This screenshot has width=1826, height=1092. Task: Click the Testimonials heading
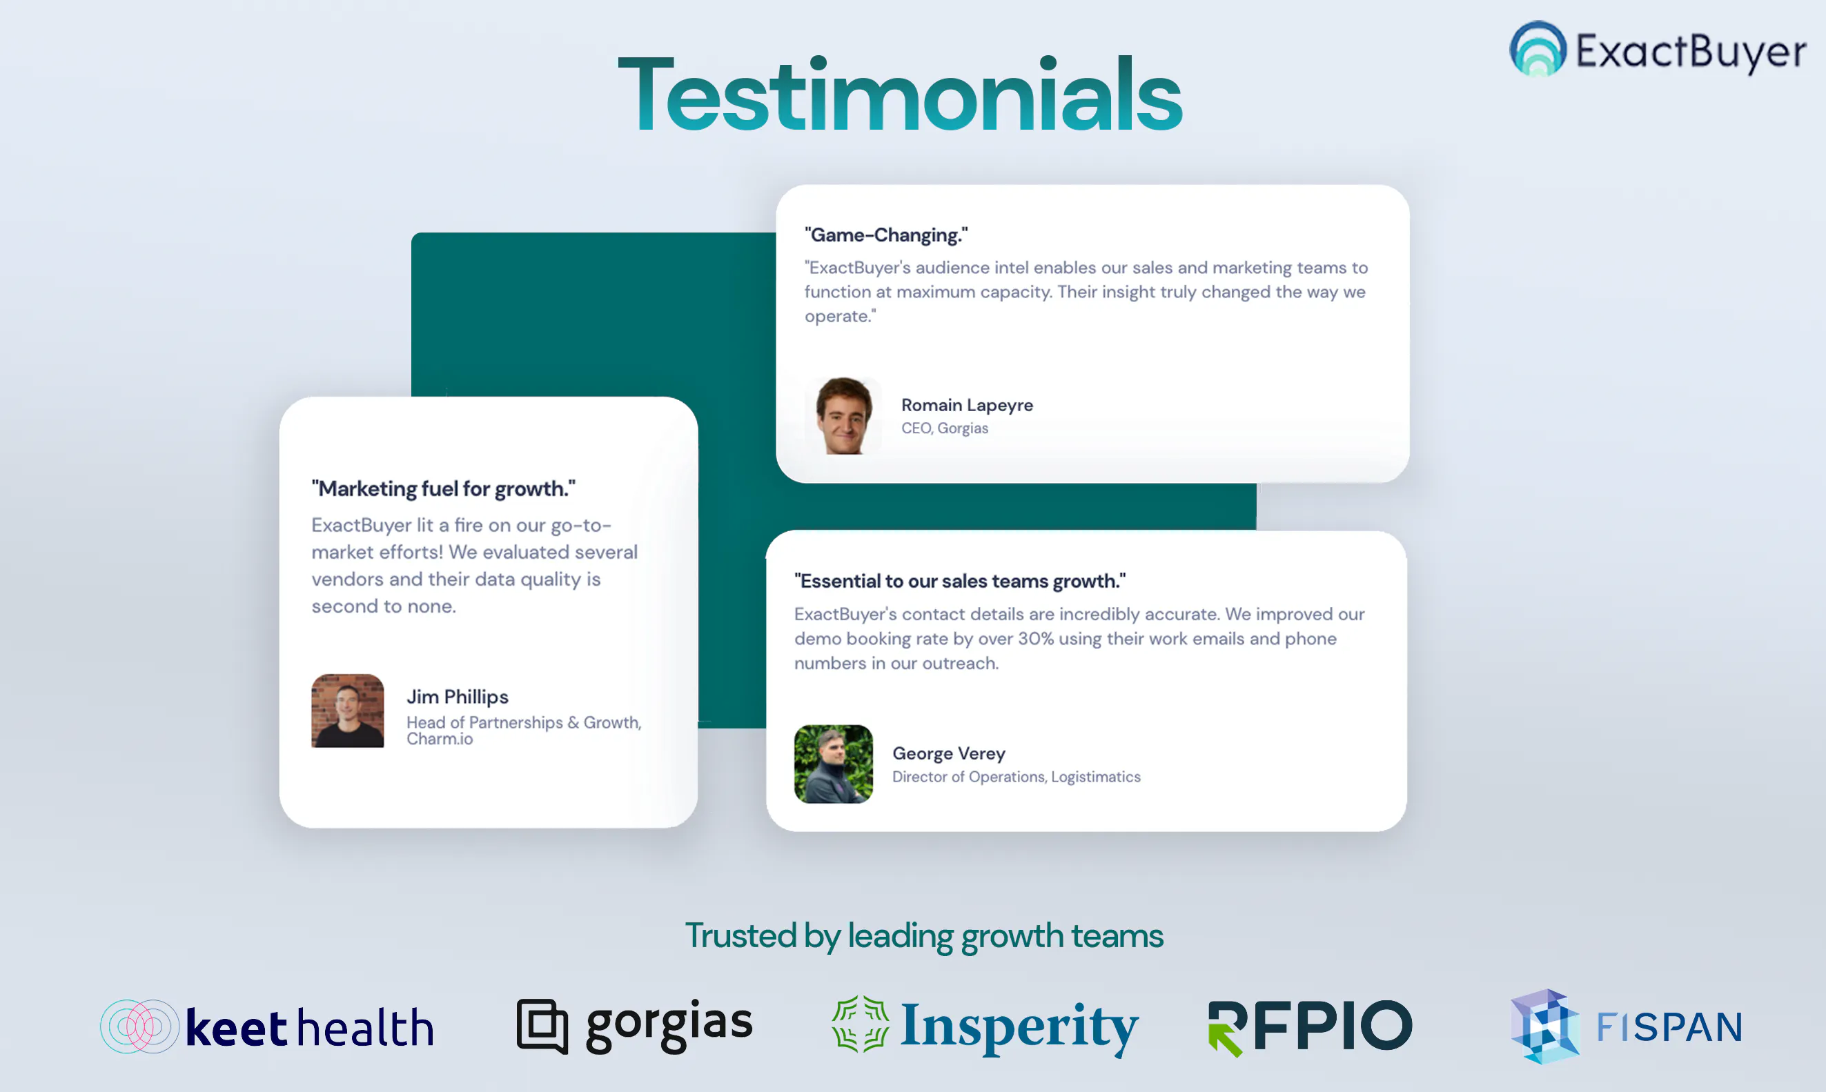pyautogui.click(x=899, y=95)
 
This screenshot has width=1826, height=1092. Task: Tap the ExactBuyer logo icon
pyautogui.click(x=1538, y=48)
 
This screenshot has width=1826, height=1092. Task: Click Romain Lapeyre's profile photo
pyautogui.click(x=843, y=416)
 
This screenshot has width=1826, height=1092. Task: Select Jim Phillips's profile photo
pyautogui.click(x=347, y=711)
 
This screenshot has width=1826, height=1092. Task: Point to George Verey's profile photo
pyautogui.click(x=833, y=764)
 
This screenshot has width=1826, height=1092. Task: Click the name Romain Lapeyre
pyautogui.click(x=967, y=405)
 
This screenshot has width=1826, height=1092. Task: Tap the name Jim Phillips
pyautogui.click(x=457, y=697)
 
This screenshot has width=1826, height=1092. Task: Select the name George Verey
pyautogui.click(x=949, y=753)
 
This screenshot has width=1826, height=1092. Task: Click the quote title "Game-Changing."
pyautogui.click(x=886, y=235)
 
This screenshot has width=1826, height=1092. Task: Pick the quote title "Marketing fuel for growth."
pyautogui.click(x=443, y=488)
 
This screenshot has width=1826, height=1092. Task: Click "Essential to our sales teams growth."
pyautogui.click(x=960, y=581)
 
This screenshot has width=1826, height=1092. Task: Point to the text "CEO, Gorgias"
pyautogui.click(x=945, y=428)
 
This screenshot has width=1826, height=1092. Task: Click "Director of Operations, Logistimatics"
pyautogui.click(x=1017, y=777)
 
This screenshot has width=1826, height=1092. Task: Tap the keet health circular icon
pyautogui.click(x=140, y=1026)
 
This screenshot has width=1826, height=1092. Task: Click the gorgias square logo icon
pyautogui.click(x=542, y=1026)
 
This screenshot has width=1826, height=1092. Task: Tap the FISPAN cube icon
pyautogui.click(x=1545, y=1026)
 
